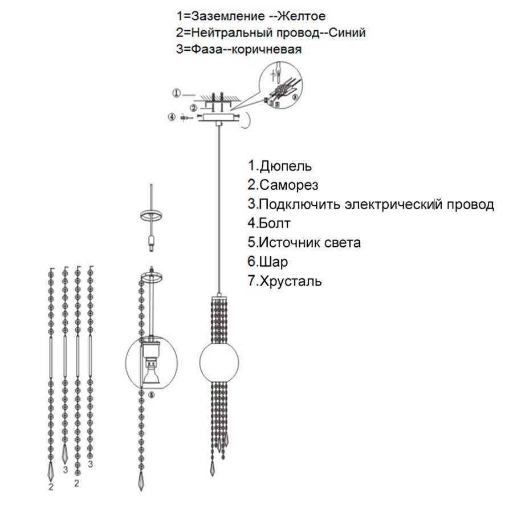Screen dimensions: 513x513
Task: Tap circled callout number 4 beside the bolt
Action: point(171,117)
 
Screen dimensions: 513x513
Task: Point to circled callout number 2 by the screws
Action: point(194,107)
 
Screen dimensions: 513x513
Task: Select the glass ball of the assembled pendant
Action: point(218,363)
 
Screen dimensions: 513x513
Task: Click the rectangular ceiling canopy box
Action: point(218,119)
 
